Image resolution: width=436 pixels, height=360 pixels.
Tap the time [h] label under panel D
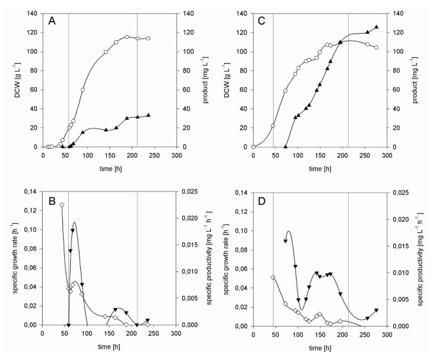(x=320, y=347)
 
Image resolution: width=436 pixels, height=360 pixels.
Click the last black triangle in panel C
(x=376, y=27)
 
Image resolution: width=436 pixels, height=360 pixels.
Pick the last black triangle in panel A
(x=148, y=115)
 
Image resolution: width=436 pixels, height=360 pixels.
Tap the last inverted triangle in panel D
(x=376, y=310)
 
